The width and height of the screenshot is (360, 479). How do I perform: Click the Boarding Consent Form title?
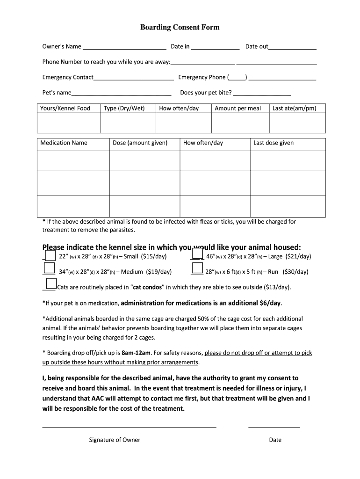pos(180,27)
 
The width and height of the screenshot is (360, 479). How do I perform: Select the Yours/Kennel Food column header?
pos(65,109)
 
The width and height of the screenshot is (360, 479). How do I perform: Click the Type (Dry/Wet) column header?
pos(124,109)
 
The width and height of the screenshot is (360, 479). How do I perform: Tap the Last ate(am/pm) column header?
pos(294,109)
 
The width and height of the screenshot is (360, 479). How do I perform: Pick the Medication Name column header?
pos(64,143)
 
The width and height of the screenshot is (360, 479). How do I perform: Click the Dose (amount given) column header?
pos(140,143)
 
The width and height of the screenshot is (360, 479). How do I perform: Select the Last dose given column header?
pos(274,143)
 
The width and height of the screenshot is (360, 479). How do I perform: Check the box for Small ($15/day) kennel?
pos(50,254)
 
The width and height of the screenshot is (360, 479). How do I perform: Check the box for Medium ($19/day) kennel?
pos(49,268)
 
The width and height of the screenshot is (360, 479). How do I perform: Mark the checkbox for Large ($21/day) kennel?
pos(198,254)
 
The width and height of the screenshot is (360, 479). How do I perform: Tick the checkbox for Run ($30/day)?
pos(198,268)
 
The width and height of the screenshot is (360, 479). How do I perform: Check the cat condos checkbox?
pos(51,283)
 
